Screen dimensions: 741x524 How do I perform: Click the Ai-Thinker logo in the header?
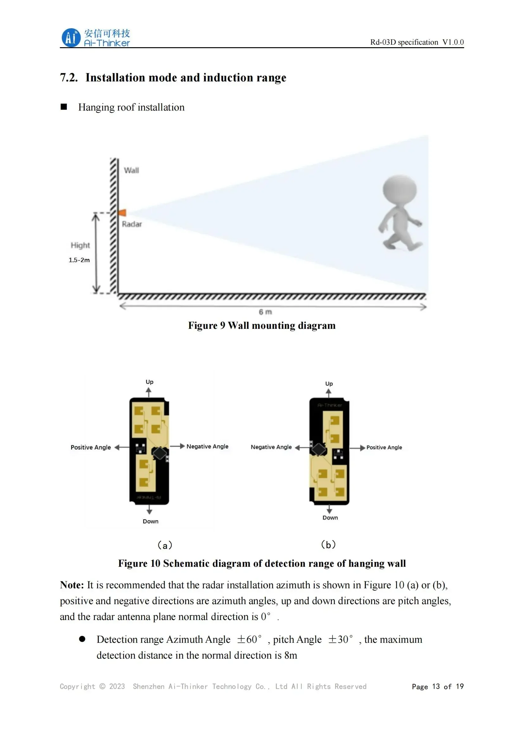(x=95, y=38)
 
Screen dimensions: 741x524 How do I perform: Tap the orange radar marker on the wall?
(x=122, y=213)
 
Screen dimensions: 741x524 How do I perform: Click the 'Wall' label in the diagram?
(x=131, y=170)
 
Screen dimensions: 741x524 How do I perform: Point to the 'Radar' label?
(x=132, y=224)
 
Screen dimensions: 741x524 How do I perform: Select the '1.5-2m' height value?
(x=79, y=260)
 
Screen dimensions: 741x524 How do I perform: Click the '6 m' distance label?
(x=265, y=312)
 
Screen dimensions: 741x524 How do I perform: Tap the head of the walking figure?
(x=399, y=189)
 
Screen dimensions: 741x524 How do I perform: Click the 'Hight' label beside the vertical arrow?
(x=80, y=245)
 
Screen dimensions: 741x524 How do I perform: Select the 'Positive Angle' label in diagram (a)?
(x=91, y=447)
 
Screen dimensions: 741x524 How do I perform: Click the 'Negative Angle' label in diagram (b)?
(x=271, y=447)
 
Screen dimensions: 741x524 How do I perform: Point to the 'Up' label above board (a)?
(x=150, y=382)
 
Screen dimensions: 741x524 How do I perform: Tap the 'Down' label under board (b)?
(x=330, y=518)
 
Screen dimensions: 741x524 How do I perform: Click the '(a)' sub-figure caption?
(x=165, y=546)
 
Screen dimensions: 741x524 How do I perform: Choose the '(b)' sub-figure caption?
(x=329, y=545)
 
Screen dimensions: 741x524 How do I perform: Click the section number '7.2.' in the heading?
(x=69, y=78)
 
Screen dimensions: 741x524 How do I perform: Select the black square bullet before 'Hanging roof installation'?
(x=64, y=107)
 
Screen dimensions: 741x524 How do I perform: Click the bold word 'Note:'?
(x=72, y=585)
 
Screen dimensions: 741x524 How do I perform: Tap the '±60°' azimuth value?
(x=249, y=639)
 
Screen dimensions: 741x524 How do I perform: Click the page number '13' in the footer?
(x=436, y=687)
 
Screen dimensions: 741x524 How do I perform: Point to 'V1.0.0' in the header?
(x=453, y=42)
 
